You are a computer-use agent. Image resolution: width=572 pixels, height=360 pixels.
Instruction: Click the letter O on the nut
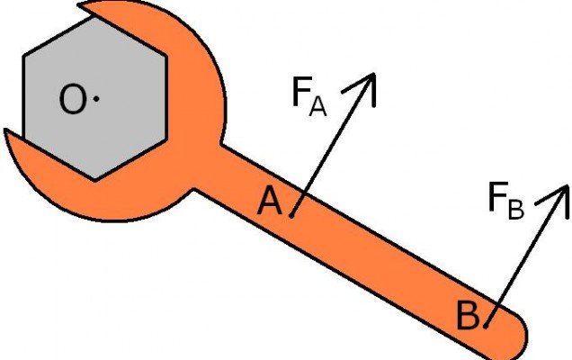(74, 99)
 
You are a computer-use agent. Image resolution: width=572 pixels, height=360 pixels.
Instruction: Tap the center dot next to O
(96, 99)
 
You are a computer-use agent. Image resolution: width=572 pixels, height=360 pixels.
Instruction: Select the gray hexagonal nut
(94, 99)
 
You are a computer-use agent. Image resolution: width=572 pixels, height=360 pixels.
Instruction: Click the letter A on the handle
(270, 201)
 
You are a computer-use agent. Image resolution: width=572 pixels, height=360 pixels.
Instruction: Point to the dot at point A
(291, 216)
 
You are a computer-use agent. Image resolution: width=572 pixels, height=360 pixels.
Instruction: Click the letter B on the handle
(468, 315)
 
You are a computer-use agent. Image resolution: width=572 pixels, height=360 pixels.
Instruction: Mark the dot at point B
(486, 326)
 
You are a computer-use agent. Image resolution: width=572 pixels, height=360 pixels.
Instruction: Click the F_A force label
(309, 96)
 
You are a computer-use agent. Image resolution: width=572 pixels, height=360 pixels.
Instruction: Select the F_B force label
(506, 201)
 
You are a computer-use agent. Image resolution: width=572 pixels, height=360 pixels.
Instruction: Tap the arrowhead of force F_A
(373, 74)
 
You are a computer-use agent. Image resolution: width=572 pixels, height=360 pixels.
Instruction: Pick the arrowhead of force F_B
(568, 186)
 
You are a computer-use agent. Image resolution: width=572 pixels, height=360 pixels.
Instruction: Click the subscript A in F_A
(317, 107)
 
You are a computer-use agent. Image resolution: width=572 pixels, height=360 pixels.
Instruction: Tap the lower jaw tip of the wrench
(5, 130)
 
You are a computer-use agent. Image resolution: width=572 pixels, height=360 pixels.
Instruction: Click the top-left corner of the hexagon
(23, 56)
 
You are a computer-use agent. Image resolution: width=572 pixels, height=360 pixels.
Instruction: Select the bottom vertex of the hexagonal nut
(94, 180)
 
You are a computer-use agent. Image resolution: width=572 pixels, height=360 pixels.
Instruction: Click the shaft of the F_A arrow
(333, 145)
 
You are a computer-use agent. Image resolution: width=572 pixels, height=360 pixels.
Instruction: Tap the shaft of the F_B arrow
(526, 256)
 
